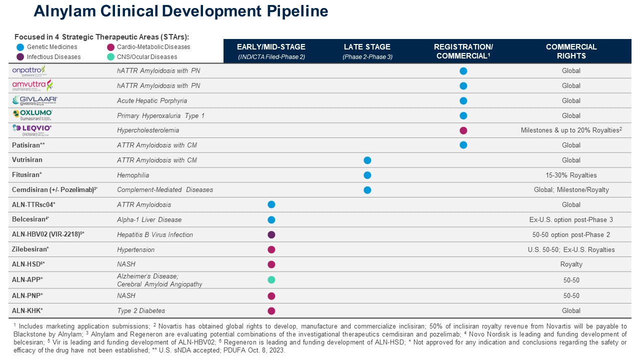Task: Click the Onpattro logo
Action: pyautogui.click(x=28, y=70)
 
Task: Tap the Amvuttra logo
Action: pyautogui.click(x=32, y=85)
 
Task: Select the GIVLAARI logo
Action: pyautogui.click(x=35, y=100)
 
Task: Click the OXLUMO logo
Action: pyautogui.click(x=32, y=115)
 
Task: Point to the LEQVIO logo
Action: pyautogui.click(x=32, y=130)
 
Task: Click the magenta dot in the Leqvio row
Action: pyautogui.click(x=463, y=130)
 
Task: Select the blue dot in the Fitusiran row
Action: pyautogui.click(x=367, y=175)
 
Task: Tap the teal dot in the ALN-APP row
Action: pyautogui.click(x=271, y=280)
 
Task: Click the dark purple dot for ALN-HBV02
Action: pyautogui.click(x=271, y=234)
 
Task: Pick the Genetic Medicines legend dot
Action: pyautogui.click(x=20, y=47)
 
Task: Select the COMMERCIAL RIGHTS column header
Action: pyautogui.click(x=571, y=51)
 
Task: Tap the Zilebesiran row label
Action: pyautogui.click(x=30, y=249)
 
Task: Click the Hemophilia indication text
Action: pyautogui.click(x=133, y=175)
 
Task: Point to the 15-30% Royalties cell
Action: pyautogui.click(x=571, y=175)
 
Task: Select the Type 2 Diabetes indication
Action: pyautogui.click(x=141, y=311)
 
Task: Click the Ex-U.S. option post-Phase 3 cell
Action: pyautogui.click(x=571, y=220)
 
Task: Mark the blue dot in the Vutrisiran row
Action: pyautogui.click(x=367, y=160)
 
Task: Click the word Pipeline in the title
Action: pyautogui.click(x=295, y=11)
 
